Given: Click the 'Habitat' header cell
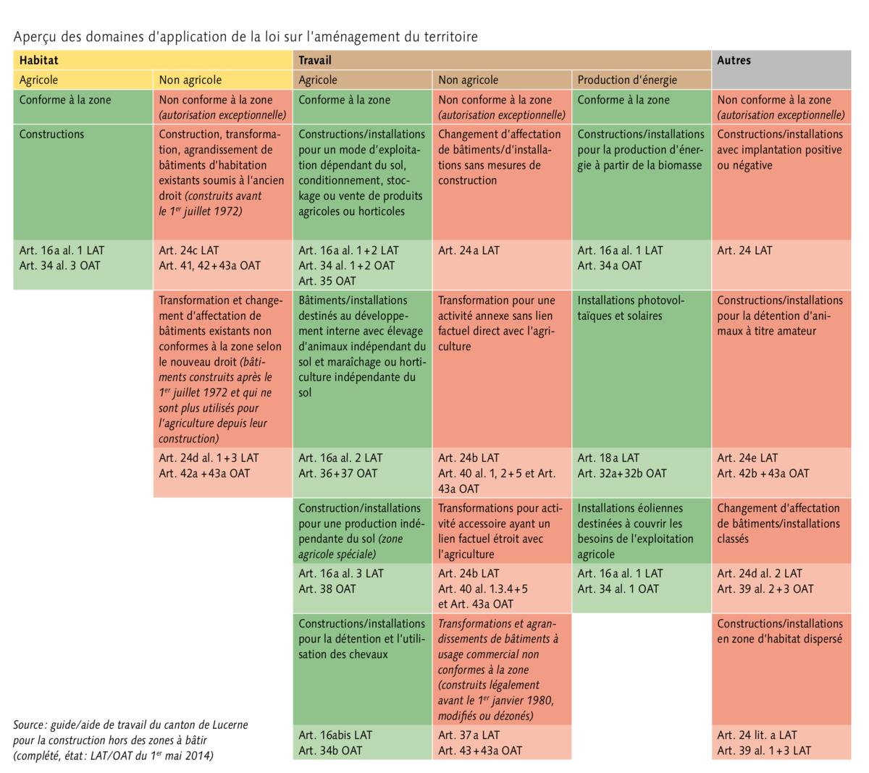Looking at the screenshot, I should point(152,60).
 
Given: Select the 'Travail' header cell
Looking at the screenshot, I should point(502,60).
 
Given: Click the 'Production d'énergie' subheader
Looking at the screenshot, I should point(641,80).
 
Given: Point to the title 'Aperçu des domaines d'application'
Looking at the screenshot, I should point(245,36).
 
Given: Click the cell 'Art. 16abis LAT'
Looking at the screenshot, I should point(362,743).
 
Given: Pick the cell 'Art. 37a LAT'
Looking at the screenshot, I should point(502,743).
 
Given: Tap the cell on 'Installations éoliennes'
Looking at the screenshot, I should point(641,531).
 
